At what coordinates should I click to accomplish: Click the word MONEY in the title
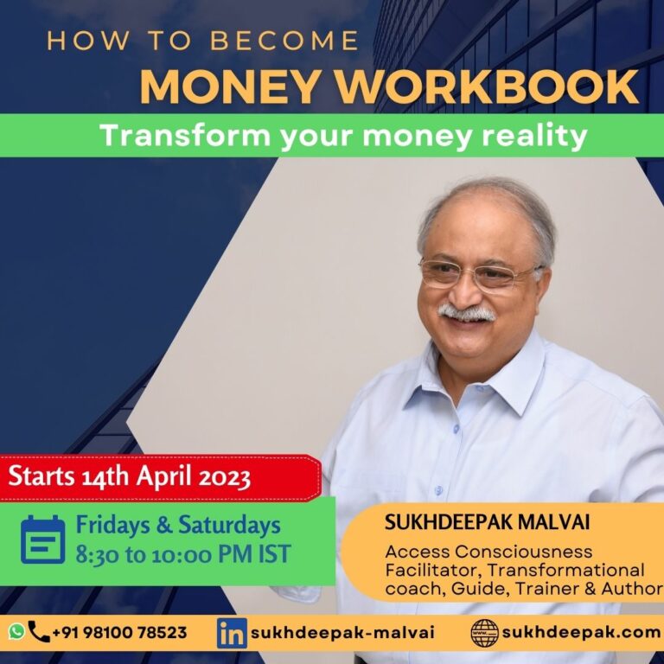pos(229,86)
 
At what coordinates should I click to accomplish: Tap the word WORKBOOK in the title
pos(487,86)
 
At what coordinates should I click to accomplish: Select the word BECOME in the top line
pos(284,41)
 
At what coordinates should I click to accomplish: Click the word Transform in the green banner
pos(185,136)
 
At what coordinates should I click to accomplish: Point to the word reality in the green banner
pos(535,137)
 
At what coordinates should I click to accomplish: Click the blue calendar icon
pos(42,539)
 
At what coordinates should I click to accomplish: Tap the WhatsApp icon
pos(16,631)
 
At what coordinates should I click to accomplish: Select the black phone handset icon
pos(39,631)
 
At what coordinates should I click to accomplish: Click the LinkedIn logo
pos(232,633)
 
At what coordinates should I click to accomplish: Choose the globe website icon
pos(484,633)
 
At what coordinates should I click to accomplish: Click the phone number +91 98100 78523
pos(119,632)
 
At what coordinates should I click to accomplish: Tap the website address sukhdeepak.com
pos(581,632)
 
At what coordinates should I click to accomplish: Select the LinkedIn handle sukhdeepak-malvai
pos(342,632)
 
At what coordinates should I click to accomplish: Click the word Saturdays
pos(229,525)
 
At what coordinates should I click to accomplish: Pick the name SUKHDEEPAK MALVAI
pos(487,522)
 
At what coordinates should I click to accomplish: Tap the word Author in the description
pos(632,589)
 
